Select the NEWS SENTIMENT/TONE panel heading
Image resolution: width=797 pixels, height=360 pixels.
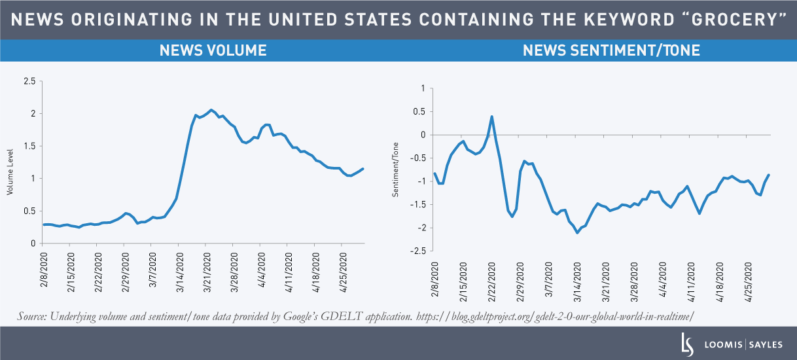(611, 50)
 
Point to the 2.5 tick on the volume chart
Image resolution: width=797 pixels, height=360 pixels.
(29, 81)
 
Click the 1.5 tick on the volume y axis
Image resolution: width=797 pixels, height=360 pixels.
(29, 146)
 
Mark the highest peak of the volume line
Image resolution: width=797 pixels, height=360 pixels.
(211, 110)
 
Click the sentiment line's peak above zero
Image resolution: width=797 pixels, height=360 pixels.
(491, 117)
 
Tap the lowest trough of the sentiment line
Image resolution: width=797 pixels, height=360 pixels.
(577, 232)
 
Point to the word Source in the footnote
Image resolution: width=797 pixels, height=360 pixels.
(33, 317)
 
